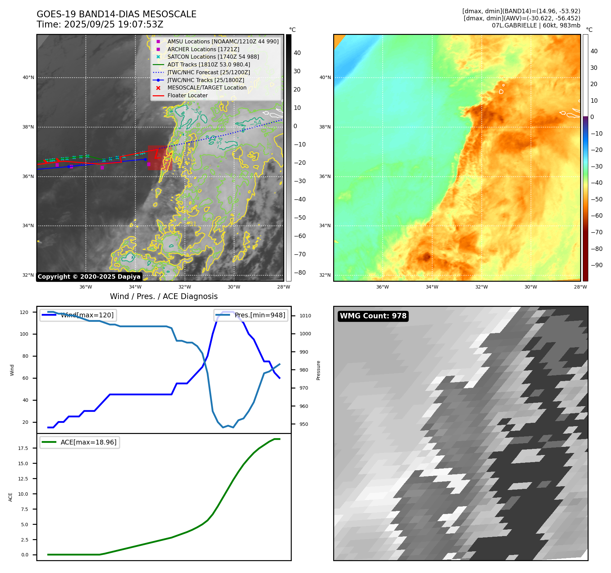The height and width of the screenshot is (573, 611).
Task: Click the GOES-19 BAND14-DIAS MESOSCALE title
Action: (x=116, y=14)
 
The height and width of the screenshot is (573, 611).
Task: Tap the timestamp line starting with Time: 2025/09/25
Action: (x=100, y=25)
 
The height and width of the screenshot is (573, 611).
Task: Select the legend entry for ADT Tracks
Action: (x=208, y=64)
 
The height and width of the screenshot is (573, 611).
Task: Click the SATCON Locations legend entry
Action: (x=213, y=57)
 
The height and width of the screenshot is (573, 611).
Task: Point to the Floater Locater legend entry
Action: (x=187, y=95)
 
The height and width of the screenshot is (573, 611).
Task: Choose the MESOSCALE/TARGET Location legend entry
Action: (x=207, y=87)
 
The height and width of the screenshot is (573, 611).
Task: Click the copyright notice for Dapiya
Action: (x=89, y=277)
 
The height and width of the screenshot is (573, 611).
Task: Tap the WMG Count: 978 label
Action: (x=373, y=316)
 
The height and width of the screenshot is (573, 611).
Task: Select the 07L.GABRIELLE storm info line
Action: (x=536, y=25)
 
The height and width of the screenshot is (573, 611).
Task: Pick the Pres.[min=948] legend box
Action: (x=251, y=315)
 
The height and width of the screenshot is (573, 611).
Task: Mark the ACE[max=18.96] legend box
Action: (x=80, y=442)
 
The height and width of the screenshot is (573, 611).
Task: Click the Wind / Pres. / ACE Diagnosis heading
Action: (x=164, y=296)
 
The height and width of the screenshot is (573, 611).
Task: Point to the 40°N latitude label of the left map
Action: (x=28, y=77)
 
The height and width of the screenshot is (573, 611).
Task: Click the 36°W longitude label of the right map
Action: (x=382, y=287)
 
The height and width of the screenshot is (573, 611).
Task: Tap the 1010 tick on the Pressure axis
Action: (x=305, y=316)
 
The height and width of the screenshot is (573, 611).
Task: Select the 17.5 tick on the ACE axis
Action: (x=23, y=448)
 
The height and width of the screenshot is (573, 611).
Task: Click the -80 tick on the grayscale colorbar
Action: (x=300, y=273)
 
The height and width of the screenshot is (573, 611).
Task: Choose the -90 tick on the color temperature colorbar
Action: (x=596, y=265)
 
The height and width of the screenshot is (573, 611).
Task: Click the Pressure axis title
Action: (x=318, y=370)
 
